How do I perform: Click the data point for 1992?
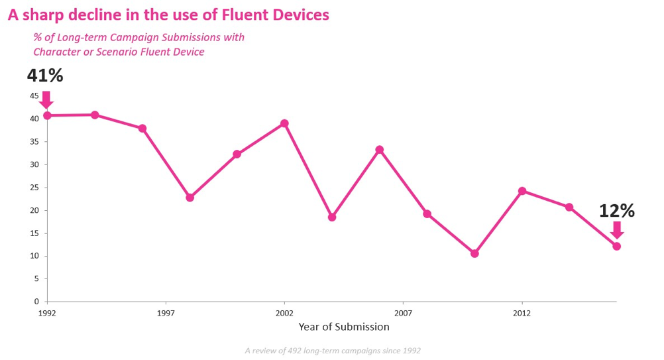47,115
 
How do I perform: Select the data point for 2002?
284,123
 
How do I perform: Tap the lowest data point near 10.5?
474,253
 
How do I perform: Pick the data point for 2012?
522,191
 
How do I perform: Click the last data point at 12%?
617,246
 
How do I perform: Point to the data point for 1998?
190,198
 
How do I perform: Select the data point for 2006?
380,150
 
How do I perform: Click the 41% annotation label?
45,76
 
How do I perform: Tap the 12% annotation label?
617,211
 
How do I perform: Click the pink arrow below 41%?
46,99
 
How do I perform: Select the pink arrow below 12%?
617,229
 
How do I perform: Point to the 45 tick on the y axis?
34,96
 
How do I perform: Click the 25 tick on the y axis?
34,188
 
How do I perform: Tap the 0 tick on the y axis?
37,302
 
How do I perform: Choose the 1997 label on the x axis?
166,312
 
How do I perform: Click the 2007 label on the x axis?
403,312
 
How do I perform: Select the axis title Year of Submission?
344,327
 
